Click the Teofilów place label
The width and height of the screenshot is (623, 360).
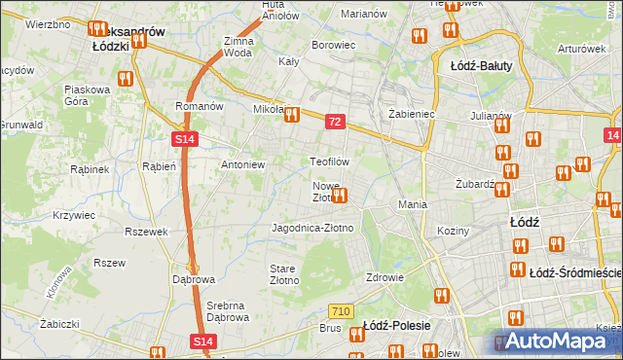click(329, 161)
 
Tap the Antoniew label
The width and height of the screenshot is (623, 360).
click(243, 164)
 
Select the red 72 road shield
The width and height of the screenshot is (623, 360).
click(335, 122)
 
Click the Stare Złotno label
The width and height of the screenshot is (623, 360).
click(283, 273)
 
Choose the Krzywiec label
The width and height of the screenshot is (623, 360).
click(73, 214)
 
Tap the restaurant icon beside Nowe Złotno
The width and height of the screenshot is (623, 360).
click(339, 196)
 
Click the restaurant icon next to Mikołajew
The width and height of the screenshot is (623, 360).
click(291, 116)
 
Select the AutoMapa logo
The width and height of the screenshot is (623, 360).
click(554, 342)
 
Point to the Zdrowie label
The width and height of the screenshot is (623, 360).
click(385, 276)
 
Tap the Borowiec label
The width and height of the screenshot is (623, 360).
click(331, 45)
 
